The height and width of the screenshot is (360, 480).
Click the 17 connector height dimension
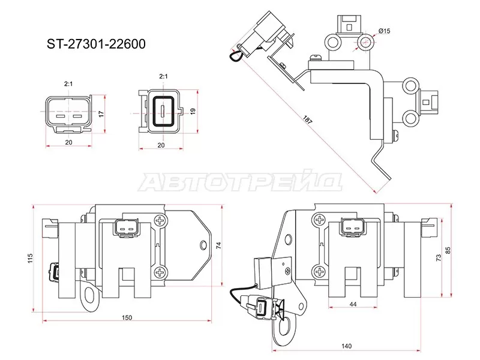102,113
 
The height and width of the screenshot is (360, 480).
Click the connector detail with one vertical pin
161,111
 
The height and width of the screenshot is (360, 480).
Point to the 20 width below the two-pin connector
68,143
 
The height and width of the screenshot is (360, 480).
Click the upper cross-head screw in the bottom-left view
161,221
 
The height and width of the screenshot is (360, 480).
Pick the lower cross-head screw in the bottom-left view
161,273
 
